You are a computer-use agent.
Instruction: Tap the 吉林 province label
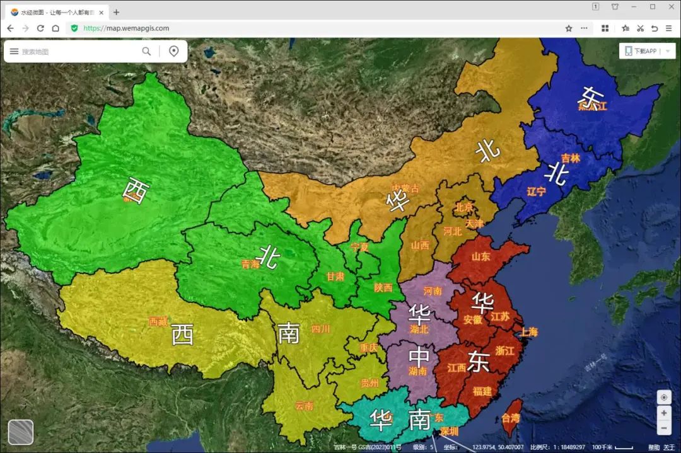tap(570, 158)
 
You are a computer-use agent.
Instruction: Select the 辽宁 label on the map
tap(536, 192)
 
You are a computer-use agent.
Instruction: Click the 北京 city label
tap(463, 207)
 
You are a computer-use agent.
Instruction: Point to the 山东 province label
tap(481, 256)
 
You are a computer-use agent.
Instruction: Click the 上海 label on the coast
tap(529, 332)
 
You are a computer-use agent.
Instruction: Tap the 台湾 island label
tap(511, 418)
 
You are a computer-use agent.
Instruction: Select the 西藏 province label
tap(158, 321)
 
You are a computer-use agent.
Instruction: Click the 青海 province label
tap(250, 265)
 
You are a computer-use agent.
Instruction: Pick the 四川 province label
tap(320, 328)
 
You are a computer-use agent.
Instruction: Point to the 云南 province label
tap(304, 406)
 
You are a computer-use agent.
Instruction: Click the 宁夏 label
tap(359, 247)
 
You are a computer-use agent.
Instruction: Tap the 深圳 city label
tap(449, 432)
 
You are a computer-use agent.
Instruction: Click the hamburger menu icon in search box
tap(14, 51)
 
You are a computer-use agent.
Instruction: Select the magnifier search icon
tap(146, 51)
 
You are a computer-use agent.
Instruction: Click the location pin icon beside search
tap(174, 51)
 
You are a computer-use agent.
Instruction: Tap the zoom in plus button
tap(664, 413)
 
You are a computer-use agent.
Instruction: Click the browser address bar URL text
tap(126, 28)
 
